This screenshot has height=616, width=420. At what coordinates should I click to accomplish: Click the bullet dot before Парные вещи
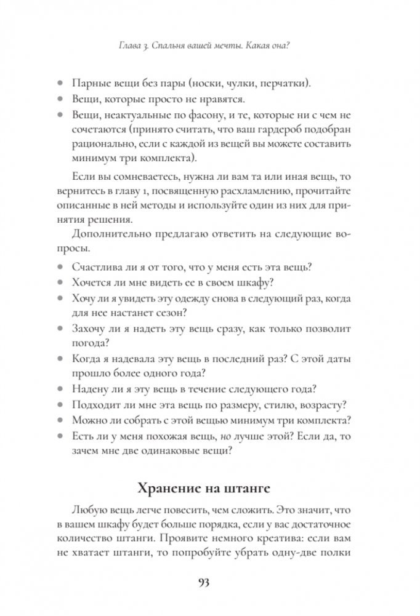click(x=60, y=83)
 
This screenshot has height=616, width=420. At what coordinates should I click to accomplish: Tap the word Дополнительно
click(x=110, y=234)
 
